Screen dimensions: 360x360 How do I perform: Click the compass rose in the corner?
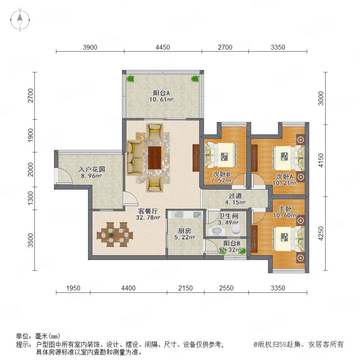(x=20, y=20)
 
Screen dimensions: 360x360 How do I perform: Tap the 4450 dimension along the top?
(x=163, y=47)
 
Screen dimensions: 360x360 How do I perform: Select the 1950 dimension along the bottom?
(x=73, y=288)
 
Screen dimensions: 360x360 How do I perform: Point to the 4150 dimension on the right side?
(x=321, y=160)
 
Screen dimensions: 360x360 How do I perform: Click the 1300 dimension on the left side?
(x=30, y=198)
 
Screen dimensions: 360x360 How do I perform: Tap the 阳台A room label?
(x=162, y=93)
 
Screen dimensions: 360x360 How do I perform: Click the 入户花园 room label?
(x=92, y=170)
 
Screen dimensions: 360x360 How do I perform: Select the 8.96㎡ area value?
(x=91, y=176)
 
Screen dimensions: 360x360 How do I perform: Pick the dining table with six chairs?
(x=115, y=234)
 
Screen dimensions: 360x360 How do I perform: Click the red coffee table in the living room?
(x=155, y=158)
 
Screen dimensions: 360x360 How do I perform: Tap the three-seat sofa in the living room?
(x=134, y=158)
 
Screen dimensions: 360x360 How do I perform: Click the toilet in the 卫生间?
(x=236, y=230)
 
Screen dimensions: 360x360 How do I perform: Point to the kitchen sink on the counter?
(x=179, y=215)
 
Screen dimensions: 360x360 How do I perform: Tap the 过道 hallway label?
(x=235, y=196)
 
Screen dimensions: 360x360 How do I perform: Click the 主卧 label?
(x=285, y=209)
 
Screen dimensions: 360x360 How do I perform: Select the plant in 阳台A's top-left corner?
(x=130, y=79)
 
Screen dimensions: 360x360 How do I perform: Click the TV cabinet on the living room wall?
(x=196, y=158)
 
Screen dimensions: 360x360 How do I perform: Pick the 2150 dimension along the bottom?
(x=186, y=288)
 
